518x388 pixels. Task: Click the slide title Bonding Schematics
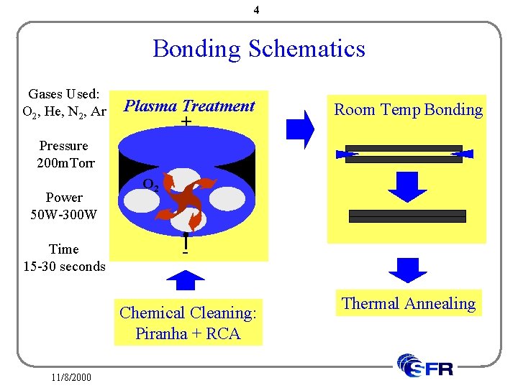click(259, 49)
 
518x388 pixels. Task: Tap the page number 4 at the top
click(257, 11)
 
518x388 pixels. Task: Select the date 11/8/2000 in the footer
click(71, 377)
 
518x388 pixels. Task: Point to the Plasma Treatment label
click(189, 106)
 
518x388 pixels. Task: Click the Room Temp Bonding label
click(408, 110)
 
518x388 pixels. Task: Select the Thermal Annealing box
click(409, 303)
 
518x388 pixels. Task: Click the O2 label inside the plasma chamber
click(150, 184)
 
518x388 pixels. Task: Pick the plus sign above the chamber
click(186, 122)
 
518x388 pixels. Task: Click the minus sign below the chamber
click(186, 252)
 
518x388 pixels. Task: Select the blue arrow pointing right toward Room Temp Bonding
click(300, 130)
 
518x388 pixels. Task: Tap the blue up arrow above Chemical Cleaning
click(186, 281)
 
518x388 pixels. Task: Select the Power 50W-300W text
click(64, 205)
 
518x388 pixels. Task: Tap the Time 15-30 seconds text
click(64, 257)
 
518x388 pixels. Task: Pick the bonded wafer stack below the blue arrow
click(407, 216)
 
